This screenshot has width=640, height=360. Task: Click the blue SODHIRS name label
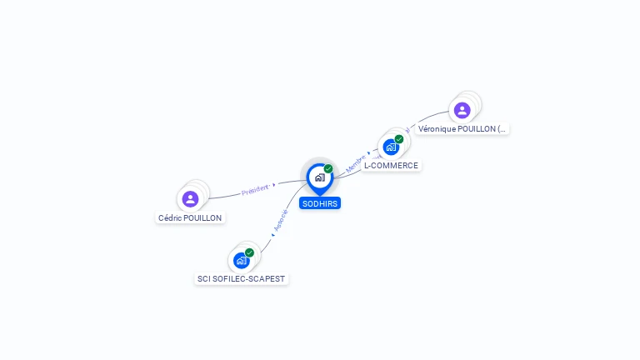point(320,202)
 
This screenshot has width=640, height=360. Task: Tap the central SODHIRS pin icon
point(319,177)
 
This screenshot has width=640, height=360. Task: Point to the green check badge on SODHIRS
point(328,169)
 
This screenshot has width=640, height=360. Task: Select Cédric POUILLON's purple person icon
point(190,198)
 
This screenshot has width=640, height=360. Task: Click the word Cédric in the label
point(170,217)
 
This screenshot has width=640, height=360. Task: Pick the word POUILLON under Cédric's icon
point(203,217)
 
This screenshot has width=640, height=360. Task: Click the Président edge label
point(254,191)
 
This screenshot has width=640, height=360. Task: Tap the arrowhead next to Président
point(274,185)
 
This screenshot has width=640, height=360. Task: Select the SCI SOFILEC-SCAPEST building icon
point(241,260)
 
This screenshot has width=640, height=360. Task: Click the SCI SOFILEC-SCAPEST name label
point(242,278)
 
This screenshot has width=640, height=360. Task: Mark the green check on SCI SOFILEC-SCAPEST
point(249,252)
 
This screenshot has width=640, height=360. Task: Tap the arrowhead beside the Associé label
point(273,236)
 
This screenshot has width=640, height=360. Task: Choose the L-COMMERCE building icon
point(391,147)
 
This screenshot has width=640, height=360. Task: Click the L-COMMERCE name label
point(391,165)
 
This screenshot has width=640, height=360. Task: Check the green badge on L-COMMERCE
point(399,139)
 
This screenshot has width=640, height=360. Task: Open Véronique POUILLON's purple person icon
point(462,110)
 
